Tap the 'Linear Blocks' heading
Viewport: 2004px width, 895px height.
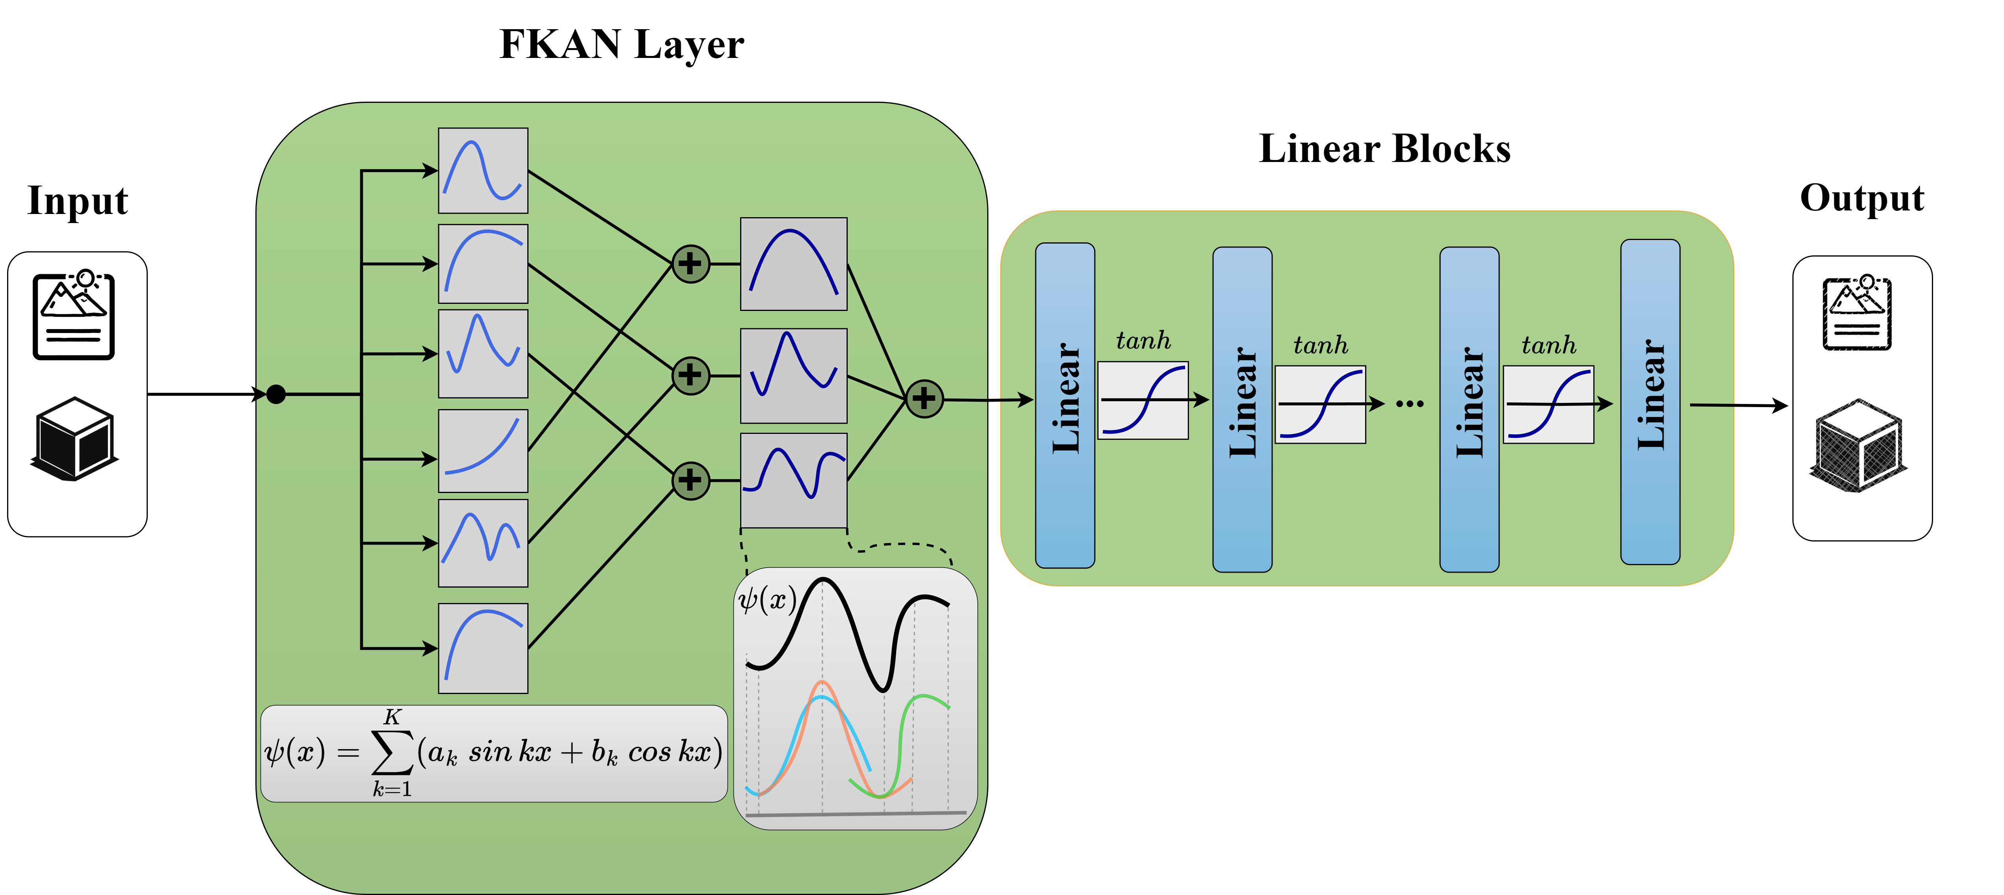click(1384, 149)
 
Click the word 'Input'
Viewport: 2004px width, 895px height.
click(77, 201)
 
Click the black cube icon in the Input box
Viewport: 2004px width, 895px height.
click(75, 438)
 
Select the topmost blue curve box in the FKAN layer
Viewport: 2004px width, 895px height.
click(483, 170)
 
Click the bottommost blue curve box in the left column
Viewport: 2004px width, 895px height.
click(483, 648)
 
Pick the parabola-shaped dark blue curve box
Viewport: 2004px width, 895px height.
click(793, 264)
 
